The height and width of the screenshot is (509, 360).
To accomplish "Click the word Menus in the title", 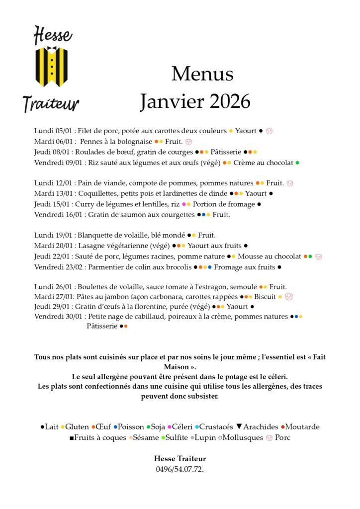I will pyautogui.click(x=202, y=74).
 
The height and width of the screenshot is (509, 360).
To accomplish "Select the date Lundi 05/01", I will pyautogui.click(x=54, y=131).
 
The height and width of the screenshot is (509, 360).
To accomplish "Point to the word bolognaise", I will pyautogui.click(x=133, y=142).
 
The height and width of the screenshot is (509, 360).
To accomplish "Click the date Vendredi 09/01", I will pyautogui.click(x=57, y=163).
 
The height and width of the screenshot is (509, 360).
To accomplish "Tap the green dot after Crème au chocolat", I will pyautogui.click(x=297, y=163).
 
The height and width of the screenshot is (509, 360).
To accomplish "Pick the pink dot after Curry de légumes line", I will pyautogui.click(x=184, y=204).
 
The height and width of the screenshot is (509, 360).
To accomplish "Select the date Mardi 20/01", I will pyautogui.click(x=53, y=246).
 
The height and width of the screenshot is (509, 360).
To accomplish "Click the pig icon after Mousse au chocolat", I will pyautogui.click(x=318, y=256).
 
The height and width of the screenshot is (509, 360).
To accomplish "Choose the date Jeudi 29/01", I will pyautogui.click(x=52, y=307).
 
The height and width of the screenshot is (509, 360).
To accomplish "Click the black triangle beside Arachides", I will pyautogui.click(x=239, y=426).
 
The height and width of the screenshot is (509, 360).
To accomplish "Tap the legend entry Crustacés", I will pyautogui.click(x=216, y=427).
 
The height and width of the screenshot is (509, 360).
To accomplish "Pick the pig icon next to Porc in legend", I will pyautogui.click(x=270, y=438).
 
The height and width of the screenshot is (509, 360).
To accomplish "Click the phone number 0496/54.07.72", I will pyautogui.click(x=180, y=469).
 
